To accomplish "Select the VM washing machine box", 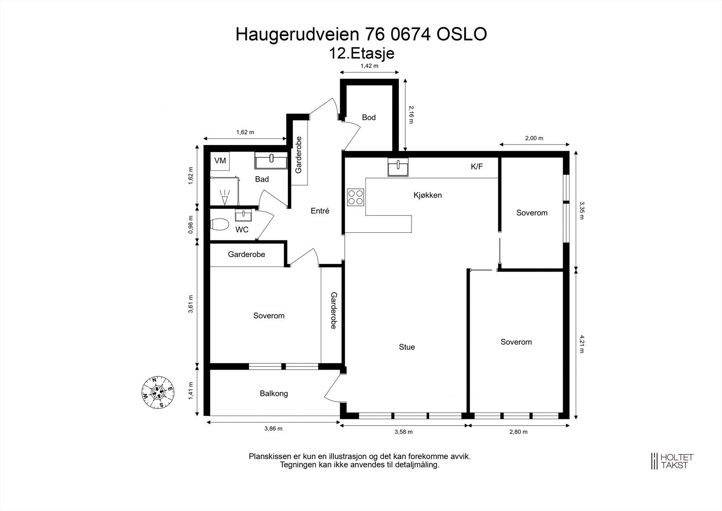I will [x=220, y=161].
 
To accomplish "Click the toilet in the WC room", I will [x=219, y=224].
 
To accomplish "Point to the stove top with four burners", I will [x=356, y=197].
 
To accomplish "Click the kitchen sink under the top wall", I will [x=398, y=167].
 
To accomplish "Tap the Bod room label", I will [x=369, y=117].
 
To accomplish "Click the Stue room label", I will [x=407, y=347].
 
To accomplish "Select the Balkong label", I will [x=273, y=394].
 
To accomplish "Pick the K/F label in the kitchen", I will [x=477, y=167].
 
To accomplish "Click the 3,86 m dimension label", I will [x=273, y=429].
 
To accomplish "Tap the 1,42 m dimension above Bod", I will [x=369, y=66].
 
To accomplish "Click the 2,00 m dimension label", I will [x=534, y=138].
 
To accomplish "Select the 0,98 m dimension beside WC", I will [x=191, y=225].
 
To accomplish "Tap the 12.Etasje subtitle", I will [x=362, y=53].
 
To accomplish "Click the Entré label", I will [x=320, y=211].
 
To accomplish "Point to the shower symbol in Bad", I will [x=224, y=195].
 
